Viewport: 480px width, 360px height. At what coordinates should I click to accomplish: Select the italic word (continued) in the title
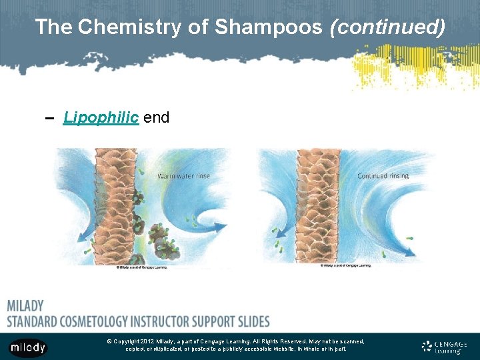(387, 27)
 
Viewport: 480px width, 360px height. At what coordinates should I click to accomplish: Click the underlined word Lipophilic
(101, 118)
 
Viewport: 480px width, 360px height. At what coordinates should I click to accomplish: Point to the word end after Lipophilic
(156, 118)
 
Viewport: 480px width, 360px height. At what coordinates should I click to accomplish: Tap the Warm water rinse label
(183, 177)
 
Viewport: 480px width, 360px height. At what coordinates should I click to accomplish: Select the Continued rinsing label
(383, 176)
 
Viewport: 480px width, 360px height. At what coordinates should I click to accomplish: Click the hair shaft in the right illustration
(319, 207)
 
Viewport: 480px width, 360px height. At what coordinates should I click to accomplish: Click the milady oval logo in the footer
(28, 347)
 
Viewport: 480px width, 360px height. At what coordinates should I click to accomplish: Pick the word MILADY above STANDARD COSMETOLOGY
(25, 306)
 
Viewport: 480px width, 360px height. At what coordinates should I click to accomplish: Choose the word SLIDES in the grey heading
(248, 321)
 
